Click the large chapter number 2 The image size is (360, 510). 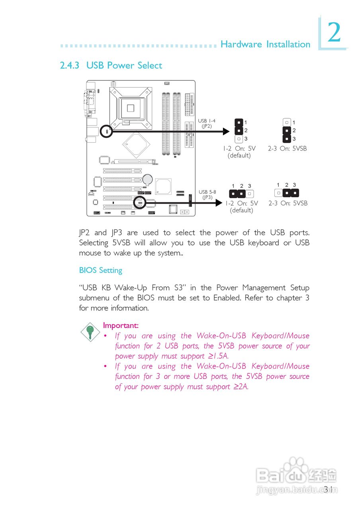[x=334, y=33]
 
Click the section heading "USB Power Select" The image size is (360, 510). [x=124, y=65]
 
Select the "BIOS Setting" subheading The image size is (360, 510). [x=100, y=270]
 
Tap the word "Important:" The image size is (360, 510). [x=121, y=326]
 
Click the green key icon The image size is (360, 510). [x=90, y=331]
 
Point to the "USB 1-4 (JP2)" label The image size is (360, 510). [x=207, y=123]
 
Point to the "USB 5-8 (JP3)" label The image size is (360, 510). [x=207, y=194]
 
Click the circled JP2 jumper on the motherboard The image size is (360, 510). [x=106, y=131]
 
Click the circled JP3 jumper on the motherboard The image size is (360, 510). [x=139, y=202]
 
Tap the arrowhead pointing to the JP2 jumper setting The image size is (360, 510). [x=226, y=131]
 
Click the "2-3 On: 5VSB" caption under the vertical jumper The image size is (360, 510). [x=287, y=149]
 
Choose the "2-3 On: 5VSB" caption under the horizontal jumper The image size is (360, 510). [x=288, y=203]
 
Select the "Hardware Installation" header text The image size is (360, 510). [x=265, y=44]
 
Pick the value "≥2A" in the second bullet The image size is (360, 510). [x=241, y=386]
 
